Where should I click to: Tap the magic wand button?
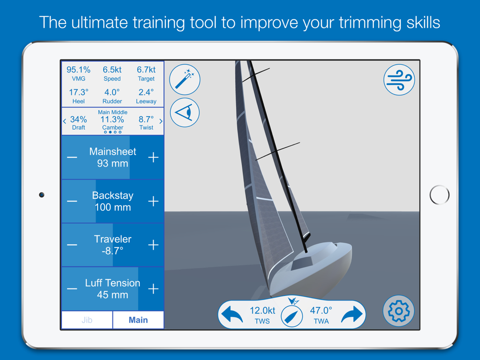coord(185,80)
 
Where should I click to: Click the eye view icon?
coord(185,113)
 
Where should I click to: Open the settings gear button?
coord(398,311)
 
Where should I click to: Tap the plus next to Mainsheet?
coord(154,157)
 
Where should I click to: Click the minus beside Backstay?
coord(72,201)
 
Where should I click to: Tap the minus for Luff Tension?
coord(72,288)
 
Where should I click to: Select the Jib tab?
coord(87,320)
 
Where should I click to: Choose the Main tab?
coord(138,320)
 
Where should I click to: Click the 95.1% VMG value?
coord(78,70)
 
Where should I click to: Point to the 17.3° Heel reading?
coord(79,92)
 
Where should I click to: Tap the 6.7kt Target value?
coord(146,70)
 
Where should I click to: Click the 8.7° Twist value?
coord(146,120)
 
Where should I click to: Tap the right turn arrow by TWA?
coord(352,314)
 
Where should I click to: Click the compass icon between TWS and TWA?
coord(292,316)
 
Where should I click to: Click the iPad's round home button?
coord(439,195)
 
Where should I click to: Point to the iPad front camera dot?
coord(42,195)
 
